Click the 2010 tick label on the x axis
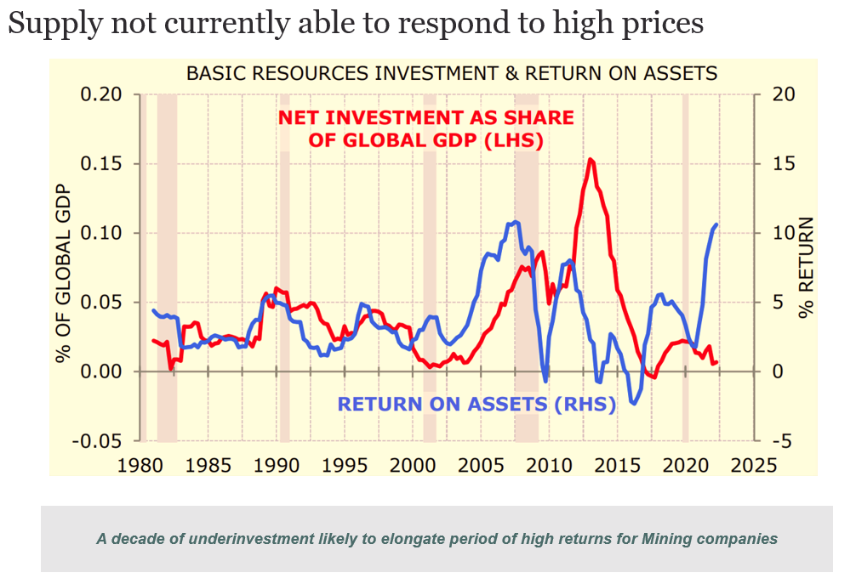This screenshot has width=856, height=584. (x=551, y=465)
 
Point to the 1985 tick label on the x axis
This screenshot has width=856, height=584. (x=208, y=465)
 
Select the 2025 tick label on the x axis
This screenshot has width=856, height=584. (x=754, y=465)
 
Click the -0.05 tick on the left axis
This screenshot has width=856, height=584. (x=98, y=441)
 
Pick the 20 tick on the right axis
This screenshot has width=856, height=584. (x=781, y=94)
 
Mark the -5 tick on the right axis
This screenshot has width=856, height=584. (x=781, y=441)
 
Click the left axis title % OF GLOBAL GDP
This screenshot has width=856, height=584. (x=63, y=267)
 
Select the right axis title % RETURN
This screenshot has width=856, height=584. (x=807, y=267)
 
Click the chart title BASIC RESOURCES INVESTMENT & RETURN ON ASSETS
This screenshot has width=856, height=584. (x=452, y=73)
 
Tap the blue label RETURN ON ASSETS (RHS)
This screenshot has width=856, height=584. (x=477, y=404)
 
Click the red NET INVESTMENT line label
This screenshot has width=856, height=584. (x=425, y=128)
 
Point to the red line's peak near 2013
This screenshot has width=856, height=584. (x=591, y=159)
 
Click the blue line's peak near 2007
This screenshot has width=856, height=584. (x=516, y=222)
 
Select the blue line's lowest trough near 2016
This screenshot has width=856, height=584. (x=633, y=404)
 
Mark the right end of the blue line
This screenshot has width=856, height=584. (x=716, y=224)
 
